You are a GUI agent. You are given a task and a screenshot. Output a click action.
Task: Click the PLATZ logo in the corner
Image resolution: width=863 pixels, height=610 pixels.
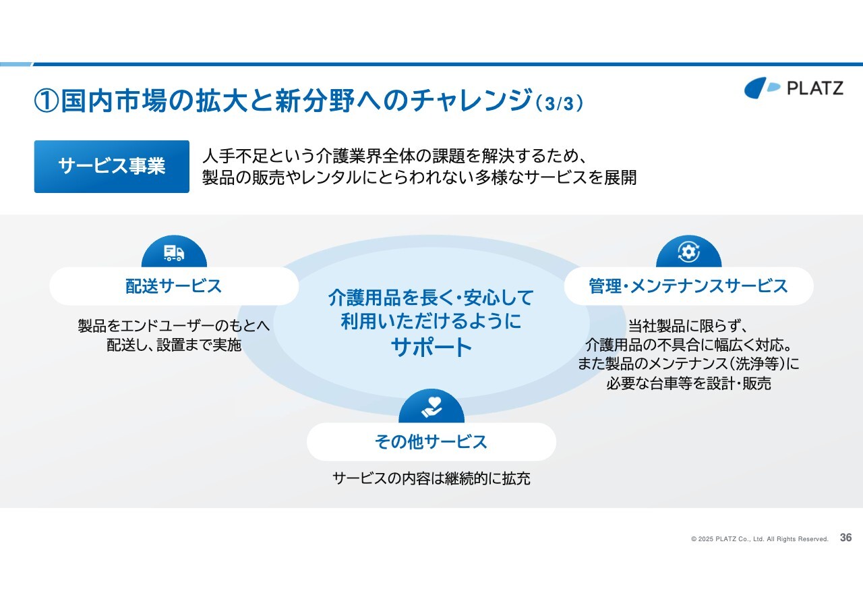tap(794, 88)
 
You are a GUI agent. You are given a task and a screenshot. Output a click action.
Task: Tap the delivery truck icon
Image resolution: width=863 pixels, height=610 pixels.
tap(174, 253)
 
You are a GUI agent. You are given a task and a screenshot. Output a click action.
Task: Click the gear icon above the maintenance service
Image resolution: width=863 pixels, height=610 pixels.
tap(688, 252)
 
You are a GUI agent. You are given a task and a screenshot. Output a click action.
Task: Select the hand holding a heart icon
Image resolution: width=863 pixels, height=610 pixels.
tap(431, 407)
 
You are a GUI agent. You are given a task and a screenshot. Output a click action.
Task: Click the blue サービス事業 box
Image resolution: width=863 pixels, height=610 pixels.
tap(112, 167)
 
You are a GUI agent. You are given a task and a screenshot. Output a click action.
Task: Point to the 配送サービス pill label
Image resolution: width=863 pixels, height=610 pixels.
tap(174, 286)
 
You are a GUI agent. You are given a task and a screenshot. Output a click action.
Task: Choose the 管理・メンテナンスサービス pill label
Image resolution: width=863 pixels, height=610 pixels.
tap(688, 286)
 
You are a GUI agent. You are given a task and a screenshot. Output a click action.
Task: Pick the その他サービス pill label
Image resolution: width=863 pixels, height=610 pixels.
tap(431, 442)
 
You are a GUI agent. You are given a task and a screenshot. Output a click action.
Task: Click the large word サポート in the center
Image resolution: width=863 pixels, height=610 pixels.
tap(431, 347)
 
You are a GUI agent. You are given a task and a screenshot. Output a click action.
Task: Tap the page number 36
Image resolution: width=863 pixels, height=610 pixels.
tap(845, 538)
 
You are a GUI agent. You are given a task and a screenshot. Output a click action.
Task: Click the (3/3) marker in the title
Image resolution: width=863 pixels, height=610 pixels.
tap(560, 103)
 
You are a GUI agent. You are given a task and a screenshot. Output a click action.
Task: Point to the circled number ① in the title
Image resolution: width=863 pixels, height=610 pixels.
tap(47, 101)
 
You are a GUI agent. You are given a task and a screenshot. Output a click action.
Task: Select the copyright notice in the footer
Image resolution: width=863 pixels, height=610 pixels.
tap(759, 539)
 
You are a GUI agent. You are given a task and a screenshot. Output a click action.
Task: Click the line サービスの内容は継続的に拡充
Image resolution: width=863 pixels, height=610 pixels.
tap(431, 478)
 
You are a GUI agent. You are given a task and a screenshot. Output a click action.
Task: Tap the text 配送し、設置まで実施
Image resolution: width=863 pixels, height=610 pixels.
tap(174, 345)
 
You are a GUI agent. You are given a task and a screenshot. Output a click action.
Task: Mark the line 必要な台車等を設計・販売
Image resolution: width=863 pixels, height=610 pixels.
tap(688, 383)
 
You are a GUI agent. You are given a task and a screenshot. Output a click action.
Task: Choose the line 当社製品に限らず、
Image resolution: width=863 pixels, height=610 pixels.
tap(688, 326)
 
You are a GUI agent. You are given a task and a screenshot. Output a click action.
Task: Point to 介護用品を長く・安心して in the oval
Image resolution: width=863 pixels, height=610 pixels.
tap(431, 298)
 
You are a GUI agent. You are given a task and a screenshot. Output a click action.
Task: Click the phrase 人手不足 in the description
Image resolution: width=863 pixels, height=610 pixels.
tap(235, 156)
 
